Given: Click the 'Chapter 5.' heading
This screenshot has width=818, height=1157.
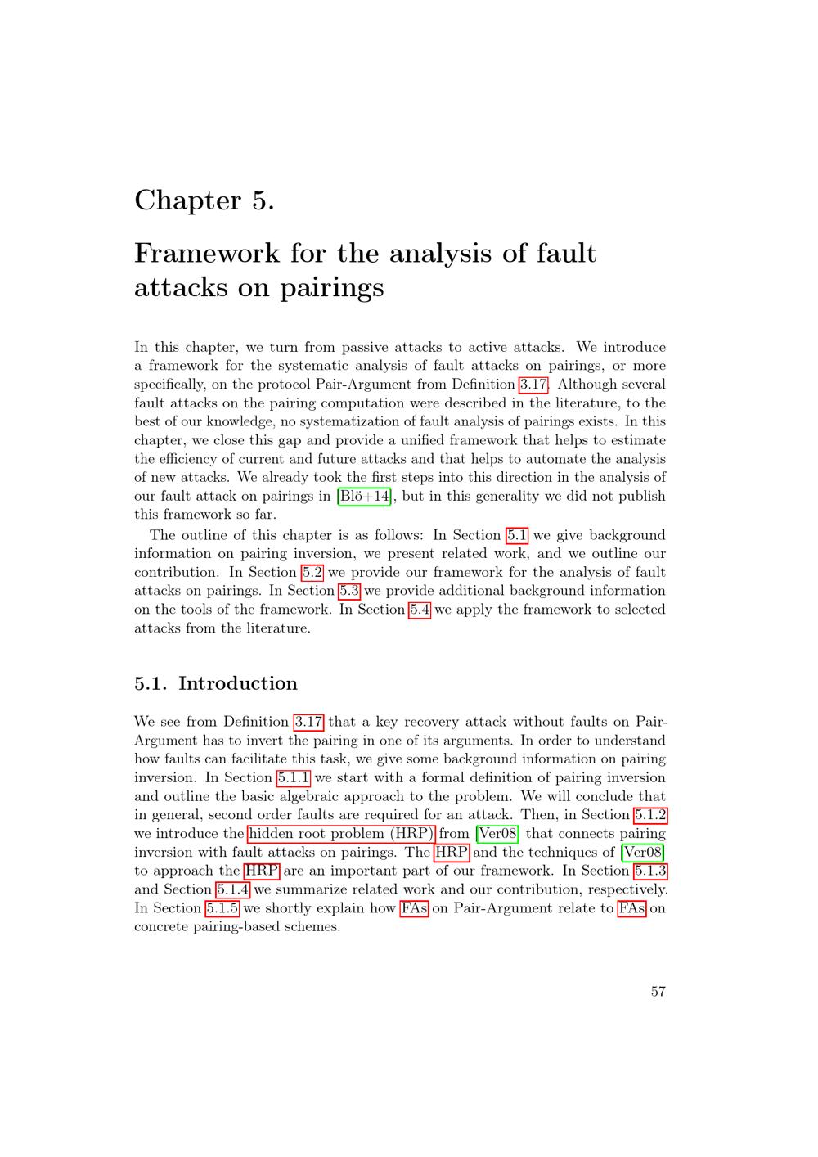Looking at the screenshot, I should [204, 200].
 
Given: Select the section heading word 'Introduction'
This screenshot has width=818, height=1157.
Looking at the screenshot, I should [237, 683].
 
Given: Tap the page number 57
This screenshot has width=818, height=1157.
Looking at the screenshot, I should [658, 991].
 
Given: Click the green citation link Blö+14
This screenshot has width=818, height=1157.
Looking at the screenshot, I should [365, 497].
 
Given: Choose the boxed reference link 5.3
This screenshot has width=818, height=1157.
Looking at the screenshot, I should [349, 591].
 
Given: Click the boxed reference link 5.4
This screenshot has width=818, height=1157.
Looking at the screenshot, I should [419, 610].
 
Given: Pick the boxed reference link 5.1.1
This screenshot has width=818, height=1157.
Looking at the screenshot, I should [294, 778].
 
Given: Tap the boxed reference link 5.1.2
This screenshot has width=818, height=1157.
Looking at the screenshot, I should [651, 815].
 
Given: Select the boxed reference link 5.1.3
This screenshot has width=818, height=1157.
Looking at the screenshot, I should [651, 871].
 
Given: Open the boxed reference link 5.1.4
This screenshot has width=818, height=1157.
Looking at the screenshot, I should [233, 889].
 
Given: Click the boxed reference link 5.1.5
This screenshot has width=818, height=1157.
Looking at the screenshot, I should [222, 908].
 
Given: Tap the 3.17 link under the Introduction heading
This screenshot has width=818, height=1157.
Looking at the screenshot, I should [308, 722].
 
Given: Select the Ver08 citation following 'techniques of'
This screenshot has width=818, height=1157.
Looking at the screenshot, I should [643, 853].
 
